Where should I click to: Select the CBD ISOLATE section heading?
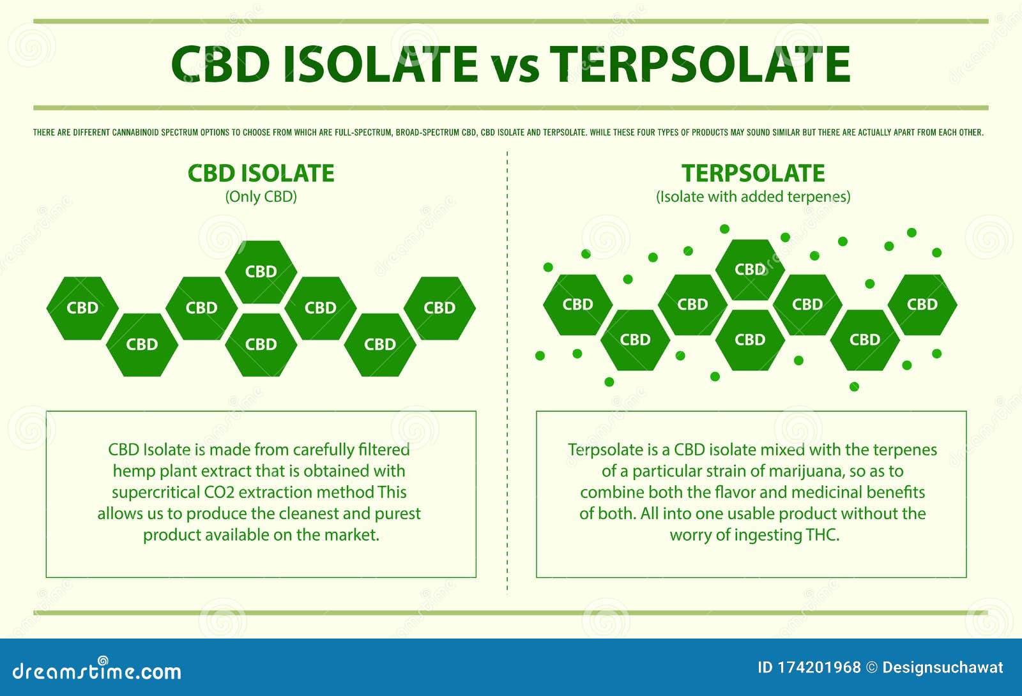point(261,174)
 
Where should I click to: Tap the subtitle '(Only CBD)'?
point(261,197)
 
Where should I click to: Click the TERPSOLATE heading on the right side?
point(753,174)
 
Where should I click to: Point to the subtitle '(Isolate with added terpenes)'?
point(753,197)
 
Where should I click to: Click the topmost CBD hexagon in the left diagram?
point(261,271)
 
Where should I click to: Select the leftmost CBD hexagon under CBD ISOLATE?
point(82,308)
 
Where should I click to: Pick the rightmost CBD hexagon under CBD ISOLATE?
point(439,308)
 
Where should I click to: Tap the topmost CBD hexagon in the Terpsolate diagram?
point(750,269)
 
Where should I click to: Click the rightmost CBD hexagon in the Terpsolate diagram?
point(922,305)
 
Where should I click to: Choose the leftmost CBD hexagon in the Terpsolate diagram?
point(577,305)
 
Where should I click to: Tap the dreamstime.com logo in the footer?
point(97,670)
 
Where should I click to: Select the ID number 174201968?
point(819,668)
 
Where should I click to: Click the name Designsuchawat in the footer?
point(942,668)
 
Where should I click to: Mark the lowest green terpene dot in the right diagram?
point(854,386)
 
